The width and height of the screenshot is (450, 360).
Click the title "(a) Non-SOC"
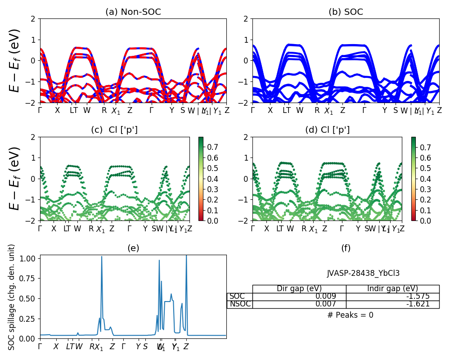(133, 12)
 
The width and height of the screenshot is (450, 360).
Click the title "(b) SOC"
(346, 12)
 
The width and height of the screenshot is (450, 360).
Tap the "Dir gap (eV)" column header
(299, 289)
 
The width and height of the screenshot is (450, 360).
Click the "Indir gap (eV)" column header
(392, 289)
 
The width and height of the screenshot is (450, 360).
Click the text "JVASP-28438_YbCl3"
(363, 273)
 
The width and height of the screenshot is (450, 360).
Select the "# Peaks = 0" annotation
(350, 315)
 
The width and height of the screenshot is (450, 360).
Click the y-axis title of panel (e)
(12, 297)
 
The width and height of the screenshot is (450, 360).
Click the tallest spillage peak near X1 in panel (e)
(102, 257)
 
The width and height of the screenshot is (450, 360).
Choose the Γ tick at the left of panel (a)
(40, 110)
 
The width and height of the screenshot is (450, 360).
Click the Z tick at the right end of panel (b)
(439, 110)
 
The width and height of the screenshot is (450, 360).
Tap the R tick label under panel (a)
(104, 110)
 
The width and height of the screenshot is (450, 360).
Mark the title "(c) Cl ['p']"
(114, 130)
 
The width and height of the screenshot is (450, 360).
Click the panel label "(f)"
(346, 248)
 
